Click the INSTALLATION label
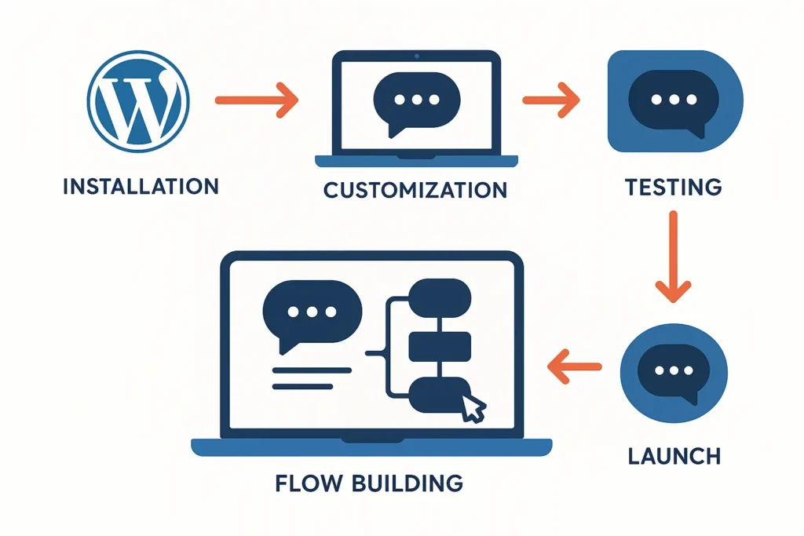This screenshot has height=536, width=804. pos(141,187)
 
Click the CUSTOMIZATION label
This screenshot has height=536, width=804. pos(415,190)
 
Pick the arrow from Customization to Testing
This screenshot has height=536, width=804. pos(550,100)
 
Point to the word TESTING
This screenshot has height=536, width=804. pos(673,188)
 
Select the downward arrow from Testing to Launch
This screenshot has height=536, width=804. pos(672,258)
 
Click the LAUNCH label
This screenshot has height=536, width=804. pos(673,455)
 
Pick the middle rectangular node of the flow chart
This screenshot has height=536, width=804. pos(440,345)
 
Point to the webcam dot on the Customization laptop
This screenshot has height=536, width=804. pos(415,57)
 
